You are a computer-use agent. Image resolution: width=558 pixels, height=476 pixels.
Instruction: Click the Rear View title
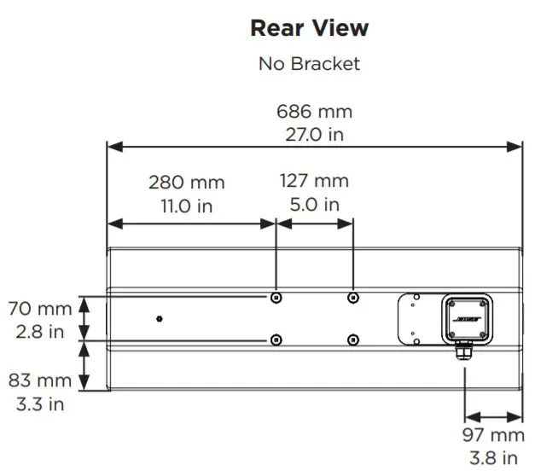(x=309, y=28)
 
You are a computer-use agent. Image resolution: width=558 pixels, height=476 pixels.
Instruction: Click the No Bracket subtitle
(x=309, y=64)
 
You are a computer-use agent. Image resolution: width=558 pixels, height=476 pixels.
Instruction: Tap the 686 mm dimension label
(x=314, y=112)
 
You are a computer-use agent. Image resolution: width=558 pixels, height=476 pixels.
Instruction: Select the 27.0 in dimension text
(x=314, y=134)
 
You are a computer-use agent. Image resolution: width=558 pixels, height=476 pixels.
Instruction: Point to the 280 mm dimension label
(x=186, y=182)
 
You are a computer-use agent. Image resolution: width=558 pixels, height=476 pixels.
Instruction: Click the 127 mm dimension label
(x=314, y=181)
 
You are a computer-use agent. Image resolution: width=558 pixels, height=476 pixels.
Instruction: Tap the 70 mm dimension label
(x=39, y=308)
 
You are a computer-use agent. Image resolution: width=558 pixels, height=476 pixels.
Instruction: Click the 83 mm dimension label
(x=39, y=381)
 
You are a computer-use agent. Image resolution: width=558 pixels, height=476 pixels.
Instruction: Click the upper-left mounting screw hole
(x=275, y=298)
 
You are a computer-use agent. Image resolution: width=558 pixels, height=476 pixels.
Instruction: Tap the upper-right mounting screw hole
(x=353, y=298)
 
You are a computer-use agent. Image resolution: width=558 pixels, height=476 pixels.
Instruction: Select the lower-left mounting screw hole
(x=275, y=340)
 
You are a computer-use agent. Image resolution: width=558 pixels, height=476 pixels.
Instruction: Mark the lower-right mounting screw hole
(x=353, y=340)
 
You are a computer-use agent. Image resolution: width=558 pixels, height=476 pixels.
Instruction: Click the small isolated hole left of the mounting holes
(x=160, y=319)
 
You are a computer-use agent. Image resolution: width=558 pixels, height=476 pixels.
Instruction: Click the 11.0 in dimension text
(x=186, y=205)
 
